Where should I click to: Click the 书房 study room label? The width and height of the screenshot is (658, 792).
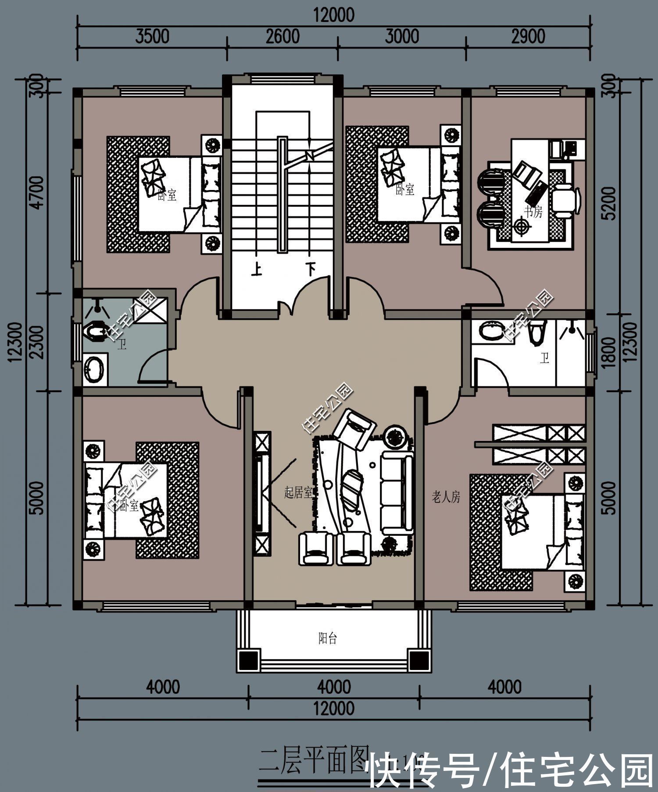tap(533, 212)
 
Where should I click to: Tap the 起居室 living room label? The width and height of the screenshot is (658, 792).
tap(298, 493)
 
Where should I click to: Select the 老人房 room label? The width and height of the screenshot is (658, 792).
tap(446, 497)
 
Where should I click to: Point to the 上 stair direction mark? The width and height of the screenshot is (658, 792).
tap(257, 269)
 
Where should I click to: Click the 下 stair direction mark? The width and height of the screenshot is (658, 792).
tap(311, 268)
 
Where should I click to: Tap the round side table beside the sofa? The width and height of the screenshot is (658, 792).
tap(397, 436)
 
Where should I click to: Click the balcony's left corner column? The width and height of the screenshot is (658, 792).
tap(249, 659)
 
